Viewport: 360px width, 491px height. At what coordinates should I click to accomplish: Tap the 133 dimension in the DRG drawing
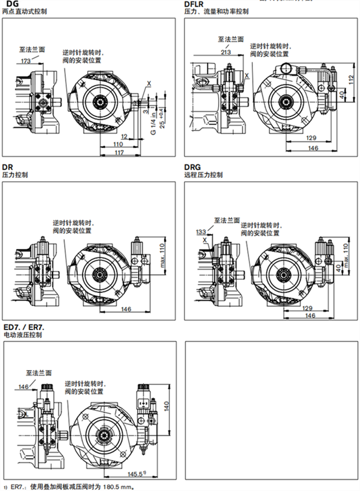(x=201, y=231)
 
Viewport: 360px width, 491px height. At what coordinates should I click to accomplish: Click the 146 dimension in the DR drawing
(x=126, y=309)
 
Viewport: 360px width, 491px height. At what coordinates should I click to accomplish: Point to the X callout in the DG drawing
(x=150, y=83)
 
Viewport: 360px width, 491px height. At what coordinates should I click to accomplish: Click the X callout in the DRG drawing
(x=205, y=239)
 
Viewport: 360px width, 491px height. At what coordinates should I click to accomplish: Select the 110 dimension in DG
(x=119, y=144)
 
